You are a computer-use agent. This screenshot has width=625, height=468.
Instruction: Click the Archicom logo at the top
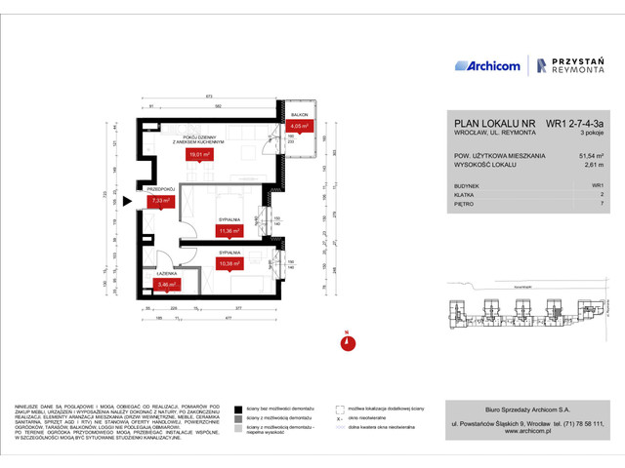pyautogui.click(x=487, y=65)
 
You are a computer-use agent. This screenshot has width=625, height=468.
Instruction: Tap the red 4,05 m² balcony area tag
pyautogui.click(x=299, y=126)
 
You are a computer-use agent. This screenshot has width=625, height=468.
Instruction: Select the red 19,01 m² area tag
pyautogui.click(x=201, y=153)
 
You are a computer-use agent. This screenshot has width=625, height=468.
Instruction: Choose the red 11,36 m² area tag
pyautogui.click(x=229, y=231)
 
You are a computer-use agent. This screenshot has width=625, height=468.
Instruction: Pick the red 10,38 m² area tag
pyautogui.click(x=229, y=263)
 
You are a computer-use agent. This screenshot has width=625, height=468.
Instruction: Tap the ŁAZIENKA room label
pyautogui.click(x=163, y=274)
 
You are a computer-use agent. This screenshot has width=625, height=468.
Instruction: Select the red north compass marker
pyautogui.click(x=345, y=341)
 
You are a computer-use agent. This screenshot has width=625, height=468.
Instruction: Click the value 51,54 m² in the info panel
pyautogui.click(x=591, y=155)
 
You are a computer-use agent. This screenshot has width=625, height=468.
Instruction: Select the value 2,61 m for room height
pyautogui.click(x=594, y=166)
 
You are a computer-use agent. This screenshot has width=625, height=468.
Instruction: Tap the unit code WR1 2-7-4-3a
pyautogui.click(x=573, y=124)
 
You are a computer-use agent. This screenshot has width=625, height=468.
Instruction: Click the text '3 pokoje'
pyautogui.click(x=591, y=134)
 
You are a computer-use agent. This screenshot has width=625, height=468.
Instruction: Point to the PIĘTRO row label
pyautogui.click(x=466, y=205)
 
